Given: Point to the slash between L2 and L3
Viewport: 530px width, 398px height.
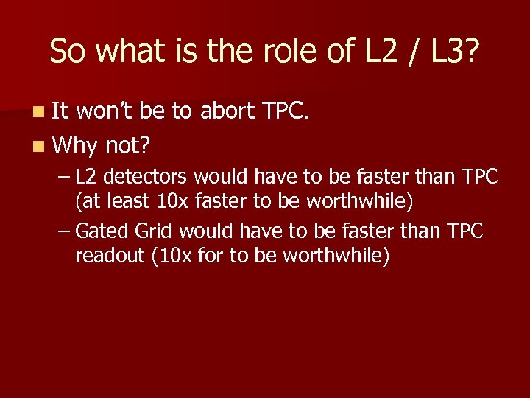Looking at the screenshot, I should click(407, 51).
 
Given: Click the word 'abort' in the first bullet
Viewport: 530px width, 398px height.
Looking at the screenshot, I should click(227, 112).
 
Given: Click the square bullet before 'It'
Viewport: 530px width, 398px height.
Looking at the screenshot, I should click(38, 113).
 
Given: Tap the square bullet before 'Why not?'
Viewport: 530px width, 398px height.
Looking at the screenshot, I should click(38, 146).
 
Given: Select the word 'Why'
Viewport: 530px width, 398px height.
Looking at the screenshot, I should click(73, 146).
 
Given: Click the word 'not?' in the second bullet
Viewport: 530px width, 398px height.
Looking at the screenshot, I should click(127, 146).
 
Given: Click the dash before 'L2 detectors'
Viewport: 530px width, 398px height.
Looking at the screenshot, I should click(64, 178).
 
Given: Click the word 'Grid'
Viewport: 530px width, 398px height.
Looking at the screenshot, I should click(154, 231).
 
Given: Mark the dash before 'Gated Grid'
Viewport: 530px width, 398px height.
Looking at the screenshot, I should click(64, 232).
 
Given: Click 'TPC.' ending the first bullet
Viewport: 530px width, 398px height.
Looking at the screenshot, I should click(289, 112).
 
